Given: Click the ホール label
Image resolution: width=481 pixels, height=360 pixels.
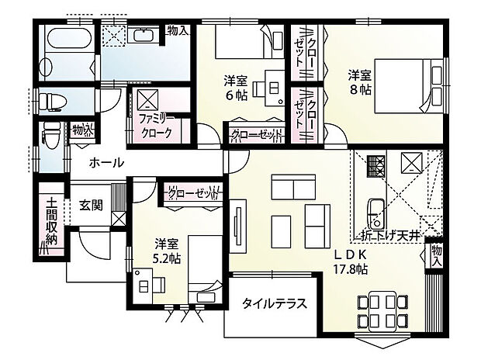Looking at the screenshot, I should tap(106, 162).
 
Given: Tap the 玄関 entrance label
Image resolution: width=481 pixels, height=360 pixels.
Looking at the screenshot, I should tap(90, 206).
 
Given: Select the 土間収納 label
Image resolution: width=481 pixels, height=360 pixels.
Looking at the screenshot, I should tap(51, 222).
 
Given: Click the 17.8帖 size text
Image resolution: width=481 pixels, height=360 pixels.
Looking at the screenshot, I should tap(351, 269).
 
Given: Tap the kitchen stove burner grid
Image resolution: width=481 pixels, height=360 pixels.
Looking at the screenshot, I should tap(375, 165).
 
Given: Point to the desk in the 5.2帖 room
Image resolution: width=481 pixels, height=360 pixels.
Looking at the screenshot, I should tap(147, 281).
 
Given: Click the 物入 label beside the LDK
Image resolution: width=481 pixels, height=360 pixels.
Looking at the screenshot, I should tap(437, 257).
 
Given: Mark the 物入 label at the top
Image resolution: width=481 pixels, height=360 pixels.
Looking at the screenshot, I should tap(178, 31).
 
